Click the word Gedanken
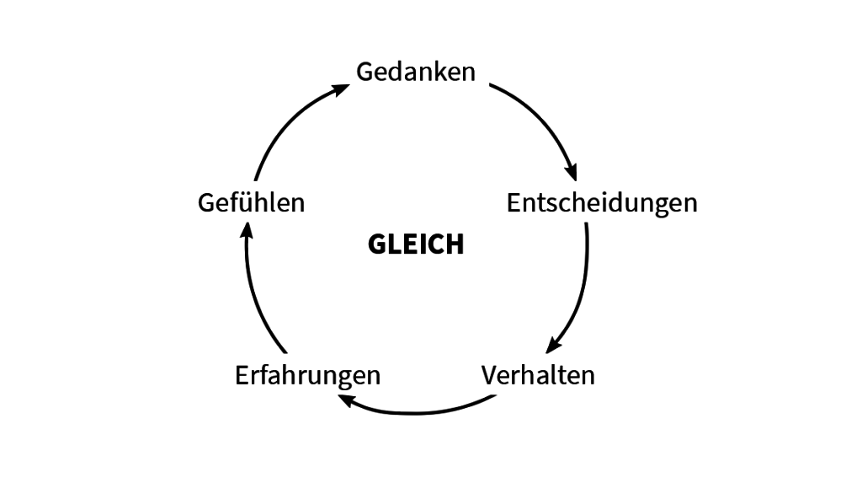[416, 72]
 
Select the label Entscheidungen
[602, 204]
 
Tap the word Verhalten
[538, 376]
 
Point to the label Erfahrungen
[307, 377]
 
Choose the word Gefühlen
[251, 202]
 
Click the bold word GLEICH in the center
[416, 244]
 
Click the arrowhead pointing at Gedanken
[342, 89]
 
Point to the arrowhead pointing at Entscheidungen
[572, 172]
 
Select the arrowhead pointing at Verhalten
[552, 346]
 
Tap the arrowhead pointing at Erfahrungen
[346, 400]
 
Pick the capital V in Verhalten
[490, 376]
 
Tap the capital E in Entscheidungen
[513, 202]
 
